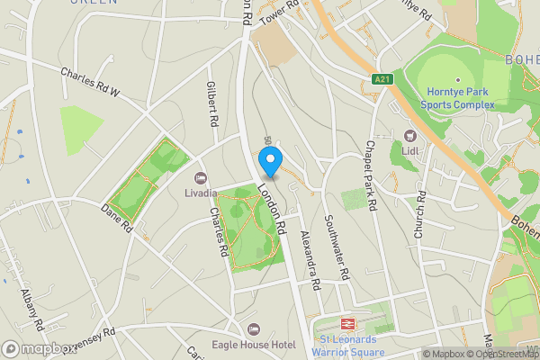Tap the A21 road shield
coord(382,80)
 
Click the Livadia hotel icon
coord(200,178)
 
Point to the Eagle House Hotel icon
coord(253,330)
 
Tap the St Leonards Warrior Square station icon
coord(346,323)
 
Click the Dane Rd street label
coord(118,215)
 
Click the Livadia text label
coord(200,193)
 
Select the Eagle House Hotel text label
coord(254,345)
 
